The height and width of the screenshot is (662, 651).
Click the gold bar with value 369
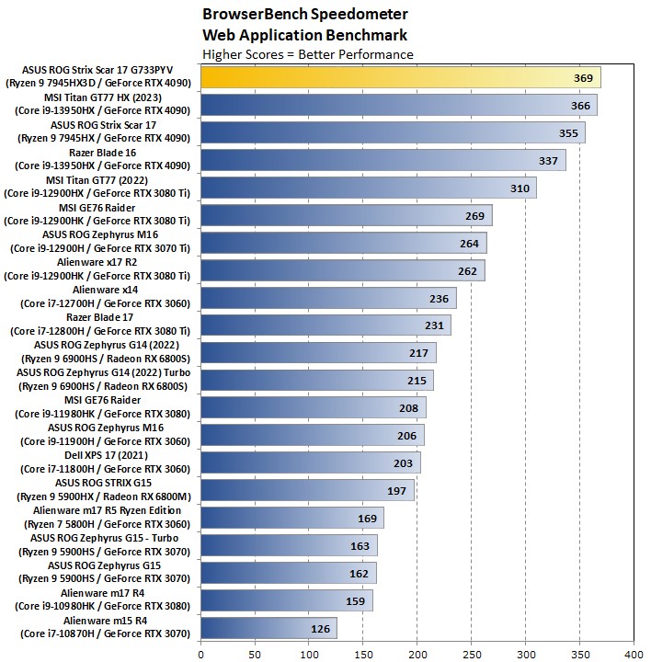pos(400,78)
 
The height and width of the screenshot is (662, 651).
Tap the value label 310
pos(520,188)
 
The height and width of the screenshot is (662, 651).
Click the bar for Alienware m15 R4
pos(268,628)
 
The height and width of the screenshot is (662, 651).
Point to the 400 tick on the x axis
pos(633,655)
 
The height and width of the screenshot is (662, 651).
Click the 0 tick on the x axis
pos(200,655)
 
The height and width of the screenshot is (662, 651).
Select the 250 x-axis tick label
pos(471,655)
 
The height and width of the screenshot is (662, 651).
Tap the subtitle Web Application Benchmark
pos(304,35)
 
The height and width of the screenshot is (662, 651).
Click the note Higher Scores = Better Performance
pos(307,54)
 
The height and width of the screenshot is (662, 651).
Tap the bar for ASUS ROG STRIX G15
pos(307,490)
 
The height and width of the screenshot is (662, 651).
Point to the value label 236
pos(439,298)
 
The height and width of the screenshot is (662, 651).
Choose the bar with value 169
pos(291,518)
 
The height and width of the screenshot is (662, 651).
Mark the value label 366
pos(580,106)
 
